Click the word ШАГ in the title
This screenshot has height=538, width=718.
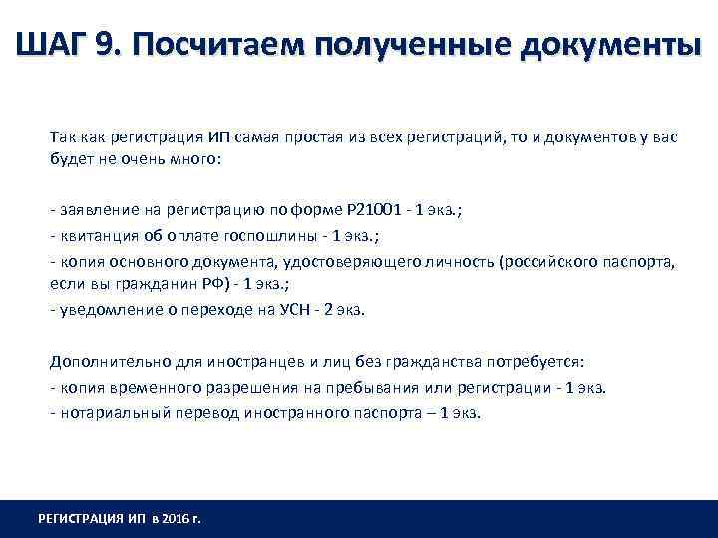(52, 45)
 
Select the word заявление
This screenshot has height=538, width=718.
(92, 209)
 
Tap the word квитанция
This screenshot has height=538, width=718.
(93, 235)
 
